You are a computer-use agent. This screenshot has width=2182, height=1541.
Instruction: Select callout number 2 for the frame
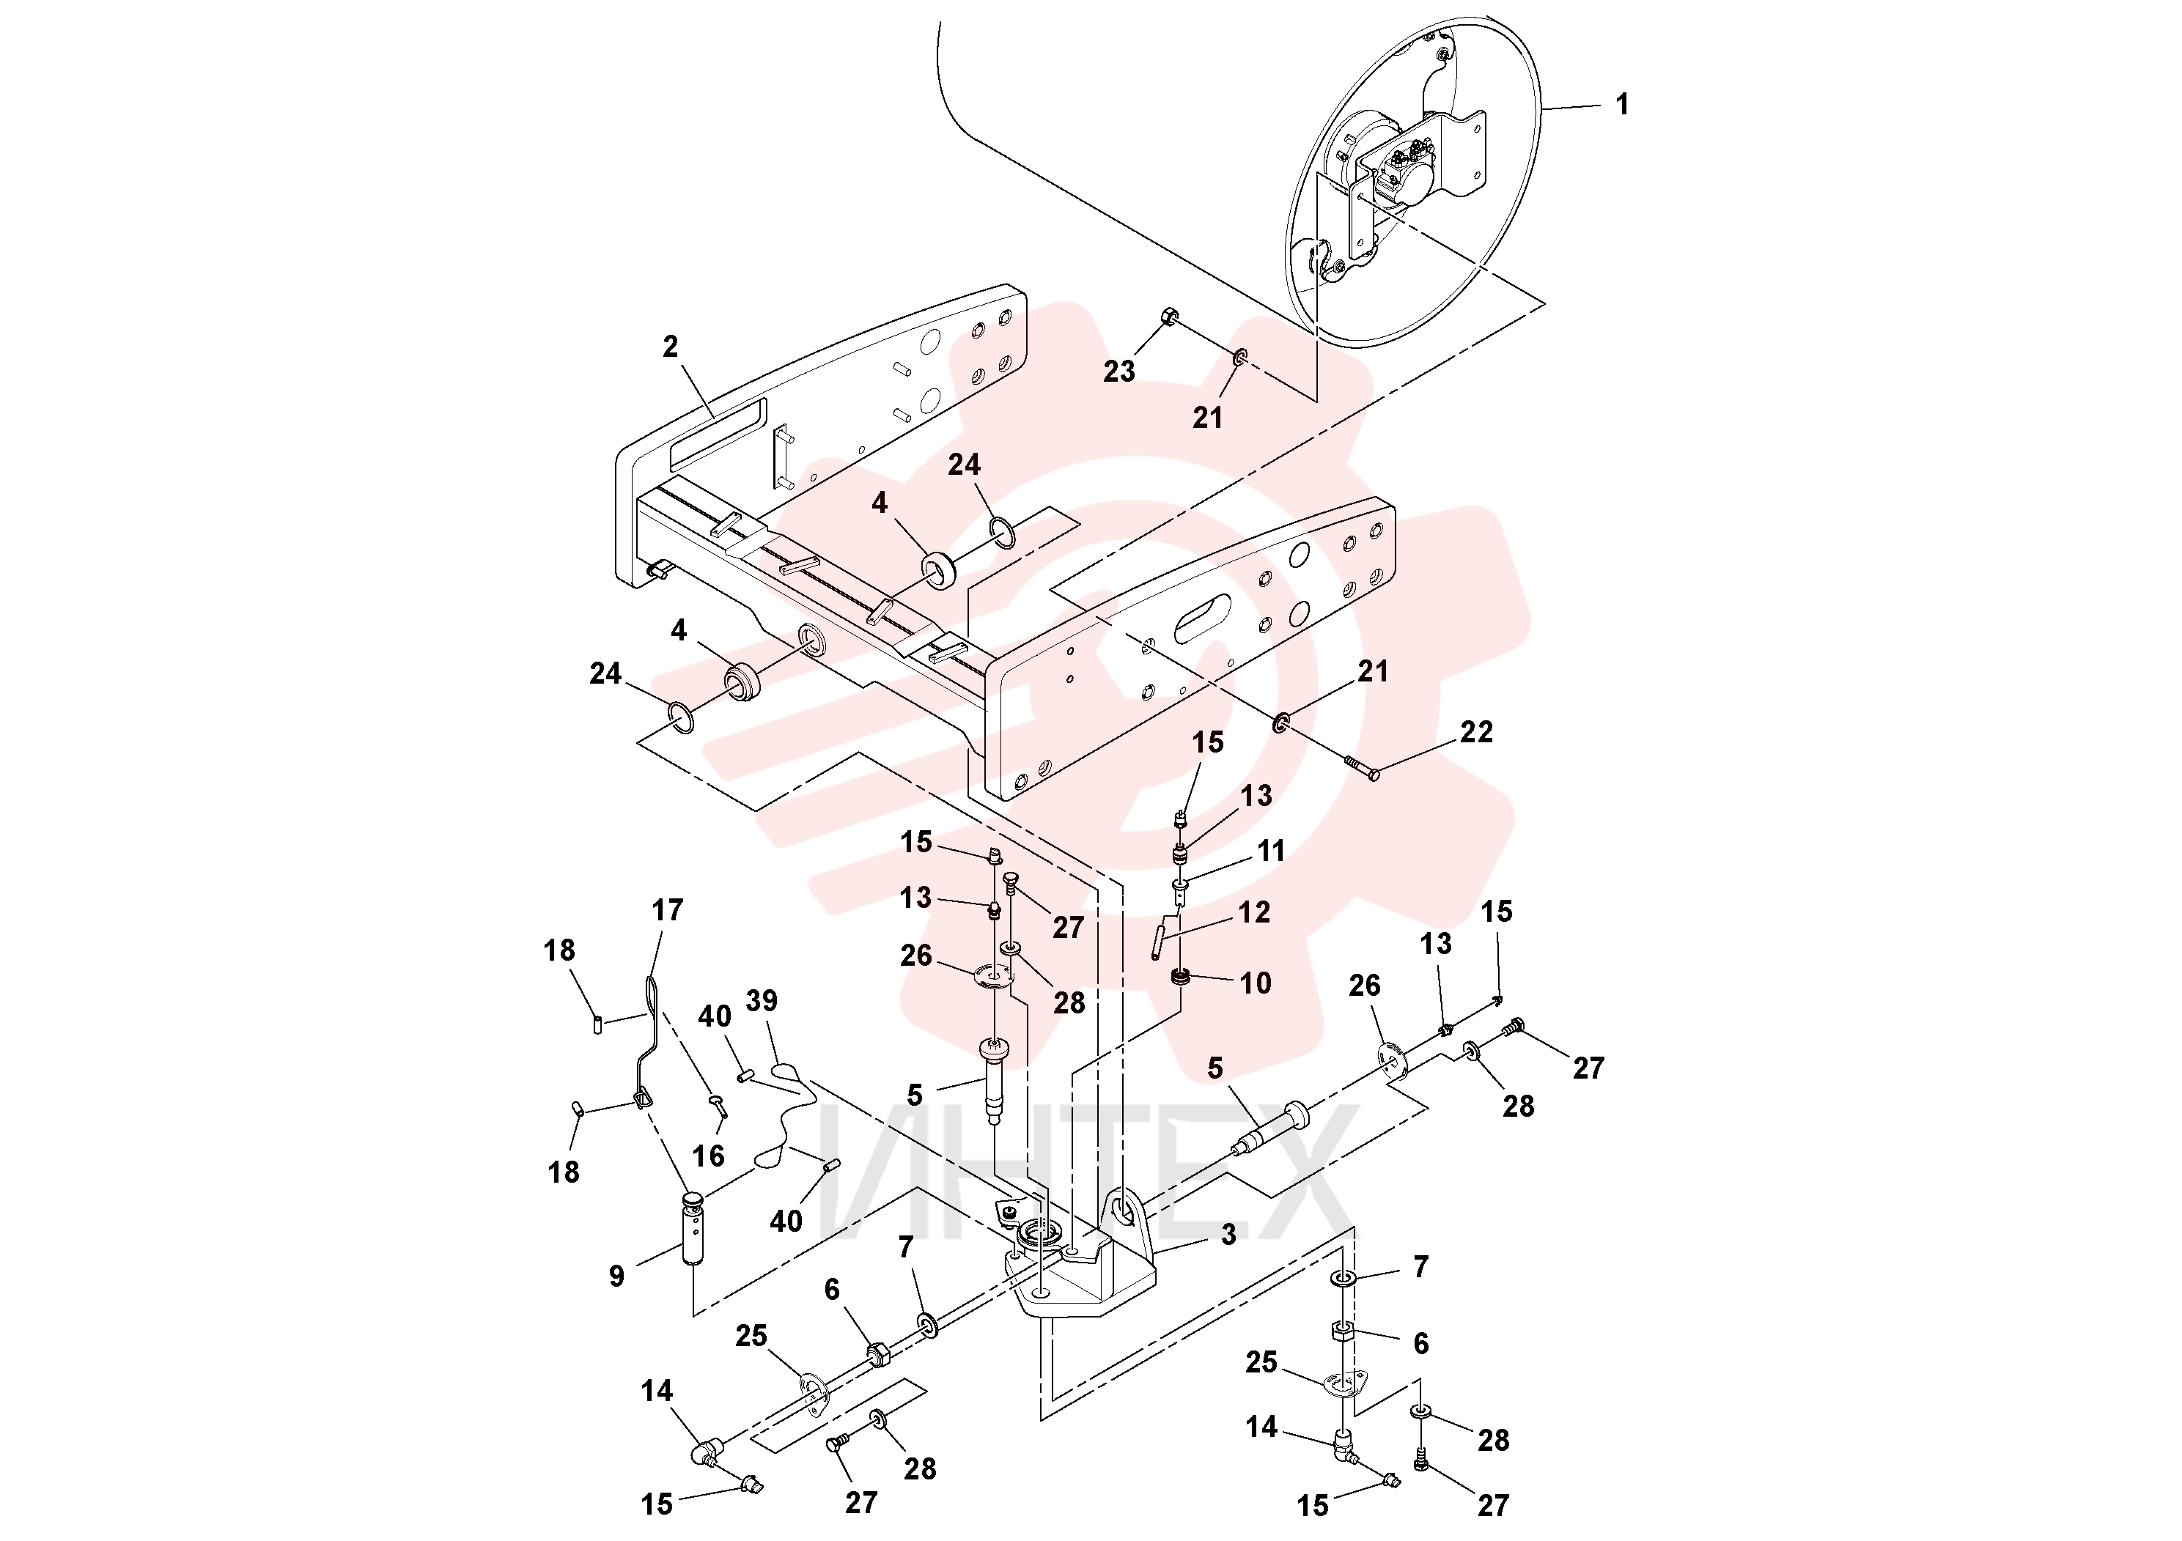pos(671,347)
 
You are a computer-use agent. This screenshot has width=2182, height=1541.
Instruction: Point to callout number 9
pos(616,1276)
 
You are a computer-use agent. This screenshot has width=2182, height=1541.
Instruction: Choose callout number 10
pos(1256,983)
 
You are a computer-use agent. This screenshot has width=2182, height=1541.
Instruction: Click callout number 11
pos(1272,851)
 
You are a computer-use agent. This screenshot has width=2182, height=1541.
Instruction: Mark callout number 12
pos(1255,913)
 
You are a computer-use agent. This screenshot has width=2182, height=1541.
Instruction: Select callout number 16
pos(708,1156)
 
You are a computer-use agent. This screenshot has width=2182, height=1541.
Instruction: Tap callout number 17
pos(667,910)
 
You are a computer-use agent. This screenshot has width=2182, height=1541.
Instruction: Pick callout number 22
pos(1476,731)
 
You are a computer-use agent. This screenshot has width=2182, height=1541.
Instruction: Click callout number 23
pos(1119,372)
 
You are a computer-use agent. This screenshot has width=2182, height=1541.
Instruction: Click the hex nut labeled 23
pos(1170,317)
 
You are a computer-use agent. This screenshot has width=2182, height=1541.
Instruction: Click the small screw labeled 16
pos(718,1104)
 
